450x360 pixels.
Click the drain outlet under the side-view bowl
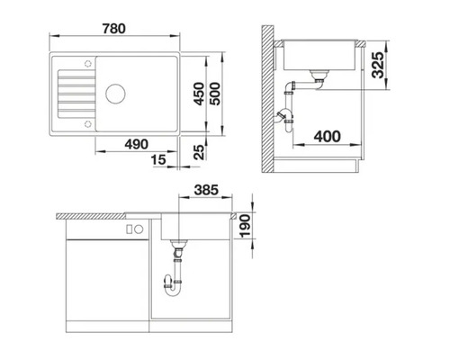coord(318,76)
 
